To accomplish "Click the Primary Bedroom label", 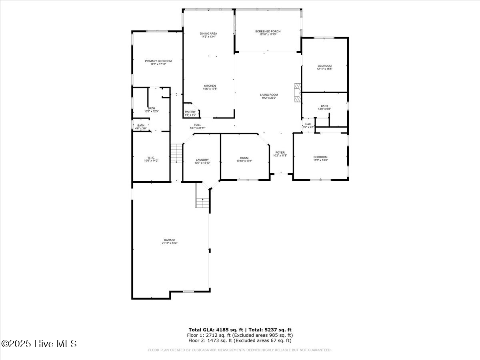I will click(158, 61).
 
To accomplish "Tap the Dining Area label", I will click(208, 33).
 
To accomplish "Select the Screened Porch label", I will click(268, 31).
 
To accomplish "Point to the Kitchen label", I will click(210, 86).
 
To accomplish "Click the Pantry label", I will click(190, 112).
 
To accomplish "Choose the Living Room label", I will click(269, 95).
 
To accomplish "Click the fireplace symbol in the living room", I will click(297, 93).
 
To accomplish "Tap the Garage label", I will click(169, 240).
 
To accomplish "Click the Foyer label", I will click(280, 152).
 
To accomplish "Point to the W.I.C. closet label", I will click(151, 158).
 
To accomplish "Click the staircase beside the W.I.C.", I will click(176, 153).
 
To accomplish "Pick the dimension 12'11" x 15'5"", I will click(324, 69).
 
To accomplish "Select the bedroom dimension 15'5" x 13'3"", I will click(320, 160).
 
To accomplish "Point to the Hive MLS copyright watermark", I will click(39, 344).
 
